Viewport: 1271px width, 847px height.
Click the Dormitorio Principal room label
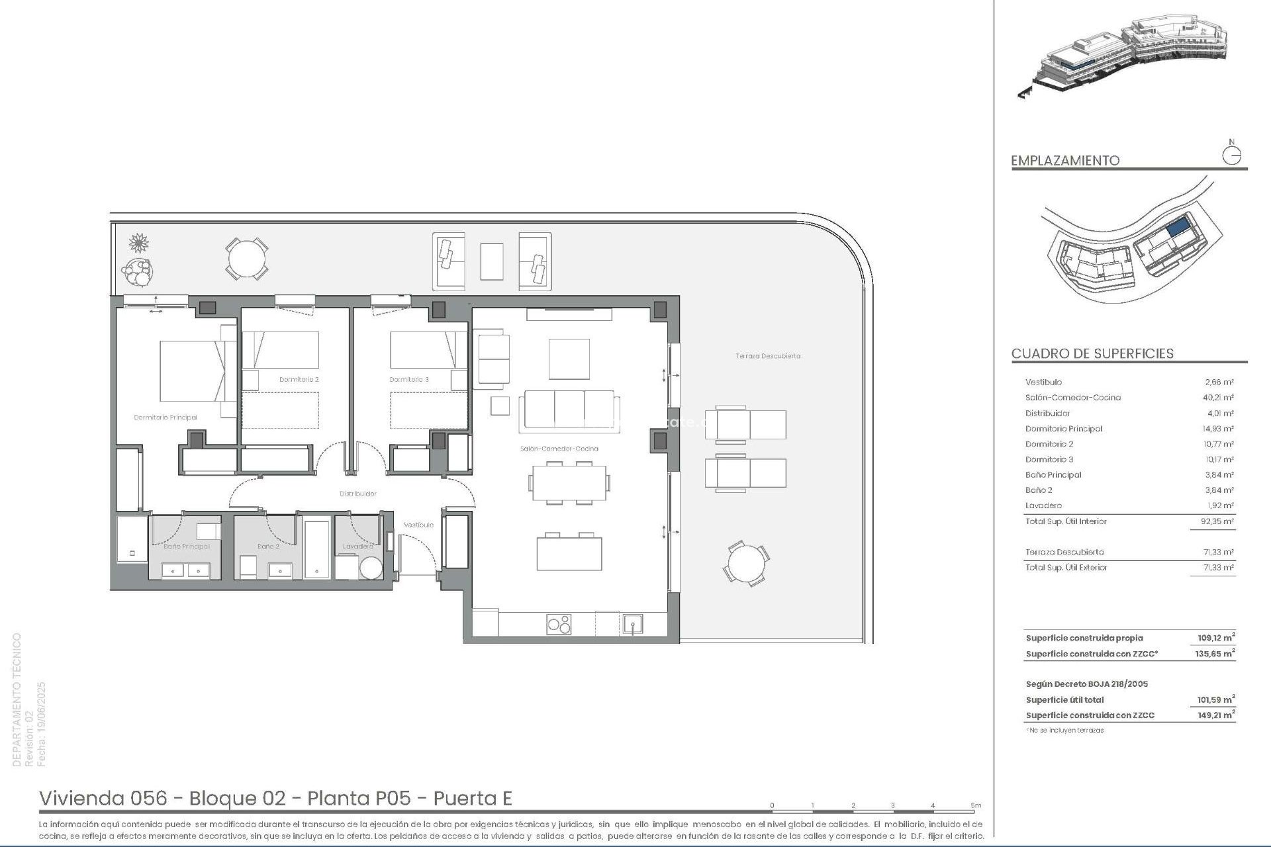[x=165, y=418]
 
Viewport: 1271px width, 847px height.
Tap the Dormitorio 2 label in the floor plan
[x=299, y=380]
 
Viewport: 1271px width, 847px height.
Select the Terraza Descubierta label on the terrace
[x=768, y=356]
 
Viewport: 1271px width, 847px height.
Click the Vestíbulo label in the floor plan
[x=418, y=525]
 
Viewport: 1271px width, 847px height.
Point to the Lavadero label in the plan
[x=357, y=547]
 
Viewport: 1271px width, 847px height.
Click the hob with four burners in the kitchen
[x=559, y=624]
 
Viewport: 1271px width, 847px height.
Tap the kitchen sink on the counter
[x=632, y=624]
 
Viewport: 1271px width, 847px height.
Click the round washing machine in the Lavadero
[x=371, y=568]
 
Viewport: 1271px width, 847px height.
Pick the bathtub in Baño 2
[x=316, y=549]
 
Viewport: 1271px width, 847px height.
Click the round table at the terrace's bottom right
[x=747, y=564]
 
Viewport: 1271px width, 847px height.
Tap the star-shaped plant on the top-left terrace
[x=138, y=244]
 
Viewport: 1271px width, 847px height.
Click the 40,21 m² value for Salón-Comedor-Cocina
[x=1218, y=398]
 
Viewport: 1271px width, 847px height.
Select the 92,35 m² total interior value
[x=1218, y=521]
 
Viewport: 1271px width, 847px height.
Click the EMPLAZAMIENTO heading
[x=1064, y=161]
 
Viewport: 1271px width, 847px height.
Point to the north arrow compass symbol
[x=1231, y=155]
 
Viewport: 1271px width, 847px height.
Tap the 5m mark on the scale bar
[x=976, y=806]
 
